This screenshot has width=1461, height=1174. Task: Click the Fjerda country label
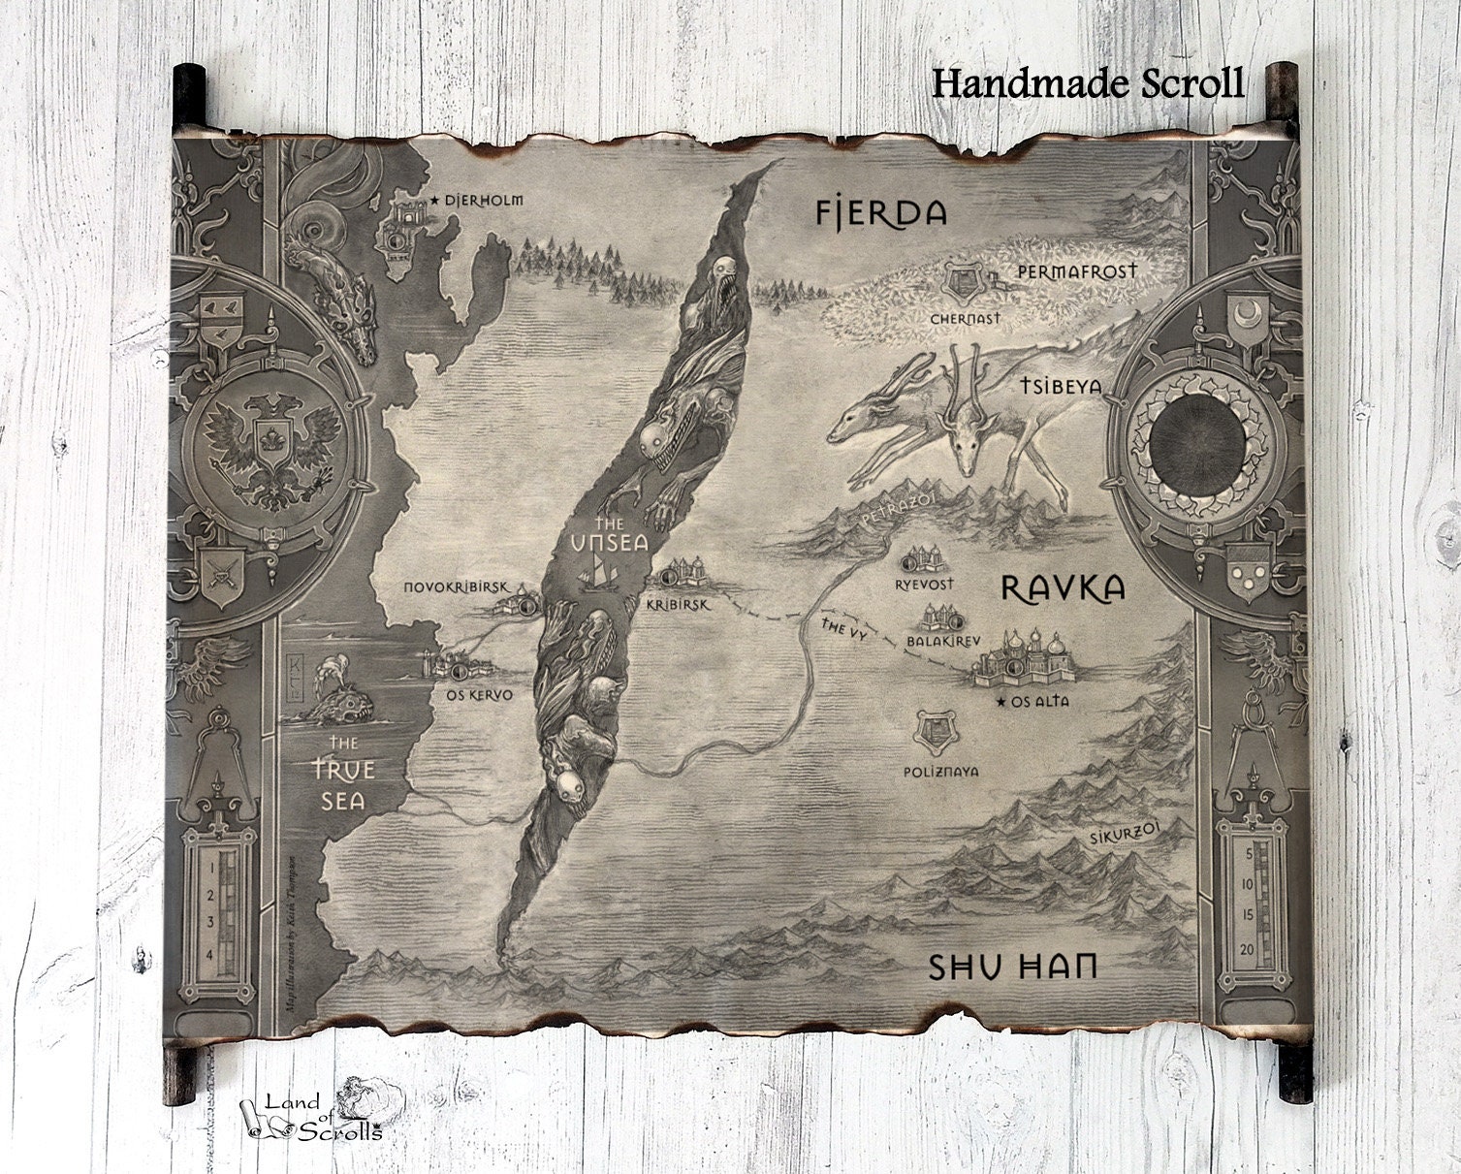879,212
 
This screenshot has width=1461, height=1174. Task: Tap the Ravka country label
1062,587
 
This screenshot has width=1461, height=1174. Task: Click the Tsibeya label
1061,386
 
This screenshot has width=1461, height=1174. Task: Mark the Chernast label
966,317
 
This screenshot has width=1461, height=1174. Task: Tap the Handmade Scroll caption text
1088,84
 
